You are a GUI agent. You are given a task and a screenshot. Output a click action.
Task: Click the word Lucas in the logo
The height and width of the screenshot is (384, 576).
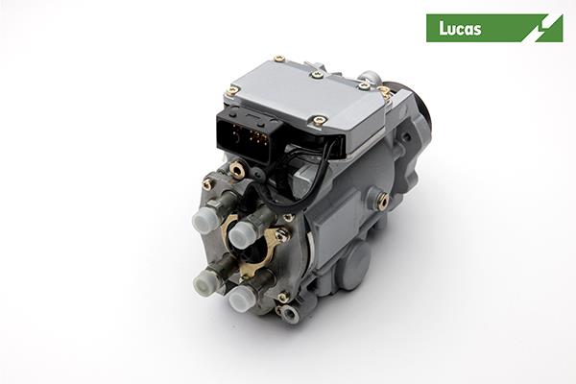point(460,29)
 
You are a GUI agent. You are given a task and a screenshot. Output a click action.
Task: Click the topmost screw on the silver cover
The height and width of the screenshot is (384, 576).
point(279,59)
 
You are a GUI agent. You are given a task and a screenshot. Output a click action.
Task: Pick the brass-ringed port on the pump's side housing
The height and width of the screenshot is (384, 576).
point(383,200)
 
